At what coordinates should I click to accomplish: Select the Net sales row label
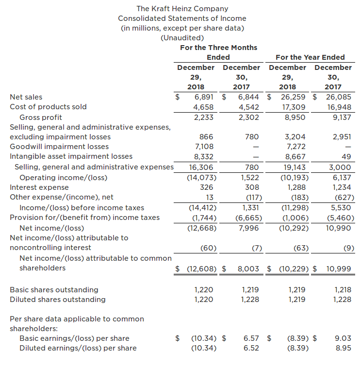click(x=26, y=97)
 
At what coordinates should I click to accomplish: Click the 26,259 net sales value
click(x=292, y=97)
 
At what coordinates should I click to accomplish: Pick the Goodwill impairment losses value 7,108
click(x=204, y=147)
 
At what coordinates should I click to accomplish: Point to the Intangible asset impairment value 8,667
click(x=295, y=156)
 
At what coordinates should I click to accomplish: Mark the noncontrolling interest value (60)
click(x=208, y=248)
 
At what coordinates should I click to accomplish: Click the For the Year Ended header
click(x=310, y=57)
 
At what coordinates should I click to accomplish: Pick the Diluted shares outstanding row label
click(x=58, y=300)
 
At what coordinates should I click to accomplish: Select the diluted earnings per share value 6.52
click(x=251, y=348)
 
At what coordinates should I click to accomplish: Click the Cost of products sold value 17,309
click(x=294, y=107)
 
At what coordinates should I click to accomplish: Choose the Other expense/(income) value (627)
click(x=344, y=197)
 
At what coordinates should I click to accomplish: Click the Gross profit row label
click(x=41, y=117)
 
